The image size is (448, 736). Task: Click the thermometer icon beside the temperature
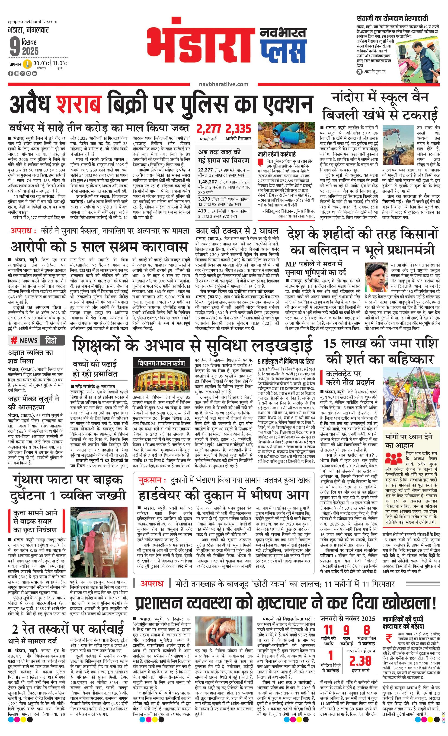click(x=28, y=64)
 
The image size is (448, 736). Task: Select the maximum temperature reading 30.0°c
click(x=41, y=63)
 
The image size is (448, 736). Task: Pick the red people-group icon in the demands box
click(x=393, y=459)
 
